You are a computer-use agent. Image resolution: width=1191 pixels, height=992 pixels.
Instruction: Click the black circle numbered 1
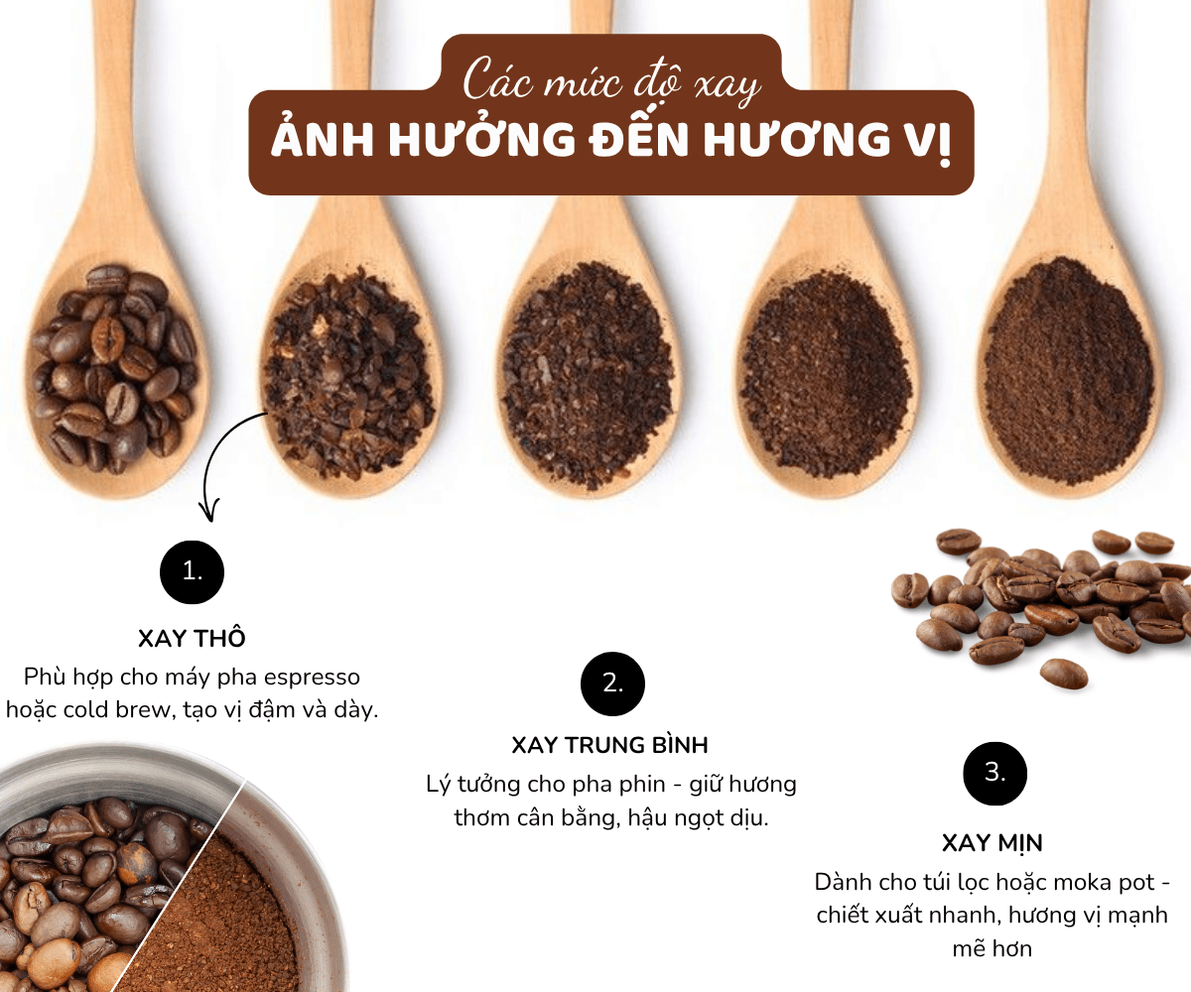point(193,571)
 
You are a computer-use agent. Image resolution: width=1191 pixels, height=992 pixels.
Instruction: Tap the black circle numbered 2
point(612,683)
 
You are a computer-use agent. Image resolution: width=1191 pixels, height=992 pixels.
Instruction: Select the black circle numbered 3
point(994,774)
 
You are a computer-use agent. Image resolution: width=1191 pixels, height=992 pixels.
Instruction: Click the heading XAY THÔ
point(192,639)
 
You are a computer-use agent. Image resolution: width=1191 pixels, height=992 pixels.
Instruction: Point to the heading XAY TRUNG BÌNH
point(609,745)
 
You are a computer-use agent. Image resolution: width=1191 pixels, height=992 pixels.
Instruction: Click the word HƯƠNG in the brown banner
point(796,140)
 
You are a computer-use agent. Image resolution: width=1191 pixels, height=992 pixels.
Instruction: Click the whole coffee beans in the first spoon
point(115,369)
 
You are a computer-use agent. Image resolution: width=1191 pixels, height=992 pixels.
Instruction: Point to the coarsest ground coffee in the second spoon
point(348,374)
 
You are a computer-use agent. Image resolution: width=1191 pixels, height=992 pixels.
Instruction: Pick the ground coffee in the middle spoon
point(587,372)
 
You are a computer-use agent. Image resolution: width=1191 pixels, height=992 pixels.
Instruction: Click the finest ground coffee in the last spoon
point(1069,371)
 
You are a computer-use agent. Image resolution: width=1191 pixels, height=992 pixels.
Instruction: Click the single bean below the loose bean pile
point(1064,674)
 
